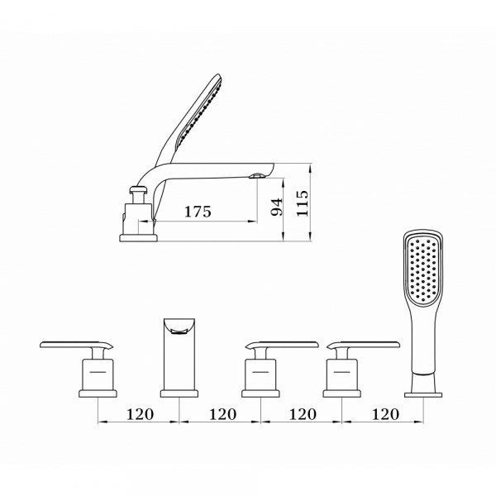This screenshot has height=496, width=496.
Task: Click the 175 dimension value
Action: pyautogui.click(x=198, y=212)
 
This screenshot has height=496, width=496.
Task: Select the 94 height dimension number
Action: pyautogui.click(x=277, y=207)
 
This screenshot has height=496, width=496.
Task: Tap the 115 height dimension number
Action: pyautogui.click(x=303, y=203)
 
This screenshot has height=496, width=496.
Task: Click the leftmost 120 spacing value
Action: pyautogui.click(x=140, y=414)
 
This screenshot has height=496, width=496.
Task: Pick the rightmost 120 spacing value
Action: pyautogui.click(x=385, y=414)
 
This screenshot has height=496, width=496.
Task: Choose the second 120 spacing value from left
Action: pyautogui.click(x=222, y=414)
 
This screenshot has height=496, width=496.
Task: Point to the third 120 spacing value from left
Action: pyautogui.click(x=303, y=414)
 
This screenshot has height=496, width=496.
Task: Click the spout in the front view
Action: pyautogui.click(x=179, y=354)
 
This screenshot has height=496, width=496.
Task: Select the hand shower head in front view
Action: pyautogui.click(x=423, y=268)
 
